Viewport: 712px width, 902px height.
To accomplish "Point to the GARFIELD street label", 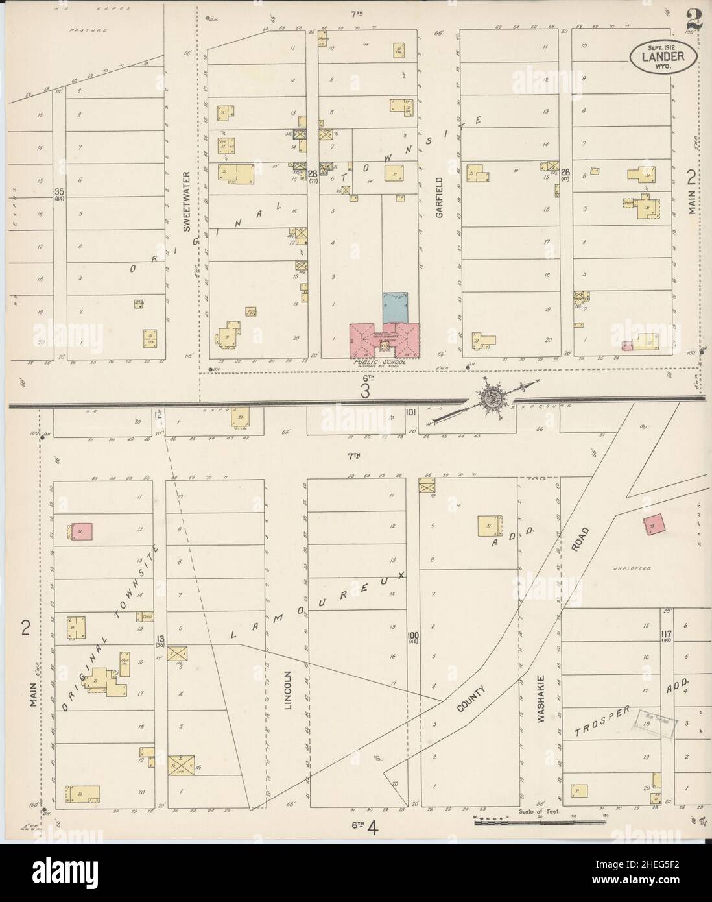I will [x=439, y=196].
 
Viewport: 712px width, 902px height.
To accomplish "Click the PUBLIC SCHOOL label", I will [x=378, y=362].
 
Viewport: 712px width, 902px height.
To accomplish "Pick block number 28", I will [x=313, y=173].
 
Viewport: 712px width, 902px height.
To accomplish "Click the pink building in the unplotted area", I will [x=654, y=524].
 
